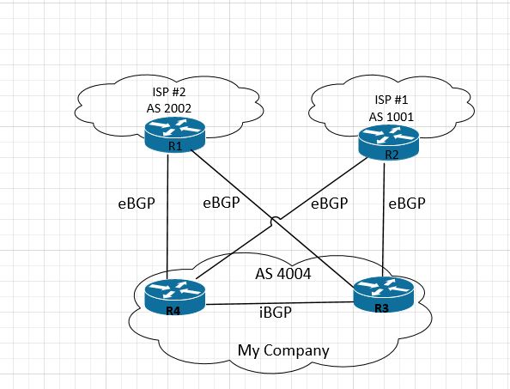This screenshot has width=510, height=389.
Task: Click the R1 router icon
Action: tap(174, 135)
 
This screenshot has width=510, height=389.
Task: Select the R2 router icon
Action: tap(388, 143)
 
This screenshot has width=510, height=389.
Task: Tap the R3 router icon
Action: tap(384, 295)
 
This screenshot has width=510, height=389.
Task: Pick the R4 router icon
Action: tap(174, 297)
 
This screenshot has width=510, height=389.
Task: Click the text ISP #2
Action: tap(169, 92)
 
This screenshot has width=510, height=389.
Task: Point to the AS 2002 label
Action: tap(169, 108)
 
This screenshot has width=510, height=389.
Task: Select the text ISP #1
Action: tap(391, 100)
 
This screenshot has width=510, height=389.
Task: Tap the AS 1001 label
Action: tap(391, 117)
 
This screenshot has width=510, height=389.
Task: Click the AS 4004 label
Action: tap(283, 274)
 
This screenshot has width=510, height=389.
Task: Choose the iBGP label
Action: tap(276, 313)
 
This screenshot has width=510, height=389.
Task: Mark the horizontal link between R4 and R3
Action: tap(280, 303)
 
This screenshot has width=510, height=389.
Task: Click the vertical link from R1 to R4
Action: tap(167, 217)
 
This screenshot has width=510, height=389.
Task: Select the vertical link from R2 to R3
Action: tap(384, 220)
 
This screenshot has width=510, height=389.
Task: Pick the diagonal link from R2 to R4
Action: tap(282, 218)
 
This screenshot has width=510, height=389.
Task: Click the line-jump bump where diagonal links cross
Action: tap(275, 220)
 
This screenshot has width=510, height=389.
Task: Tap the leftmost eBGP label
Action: tap(137, 204)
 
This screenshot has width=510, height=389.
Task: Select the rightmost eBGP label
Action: tap(407, 204)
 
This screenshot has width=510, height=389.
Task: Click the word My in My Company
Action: tap(249, 351)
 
